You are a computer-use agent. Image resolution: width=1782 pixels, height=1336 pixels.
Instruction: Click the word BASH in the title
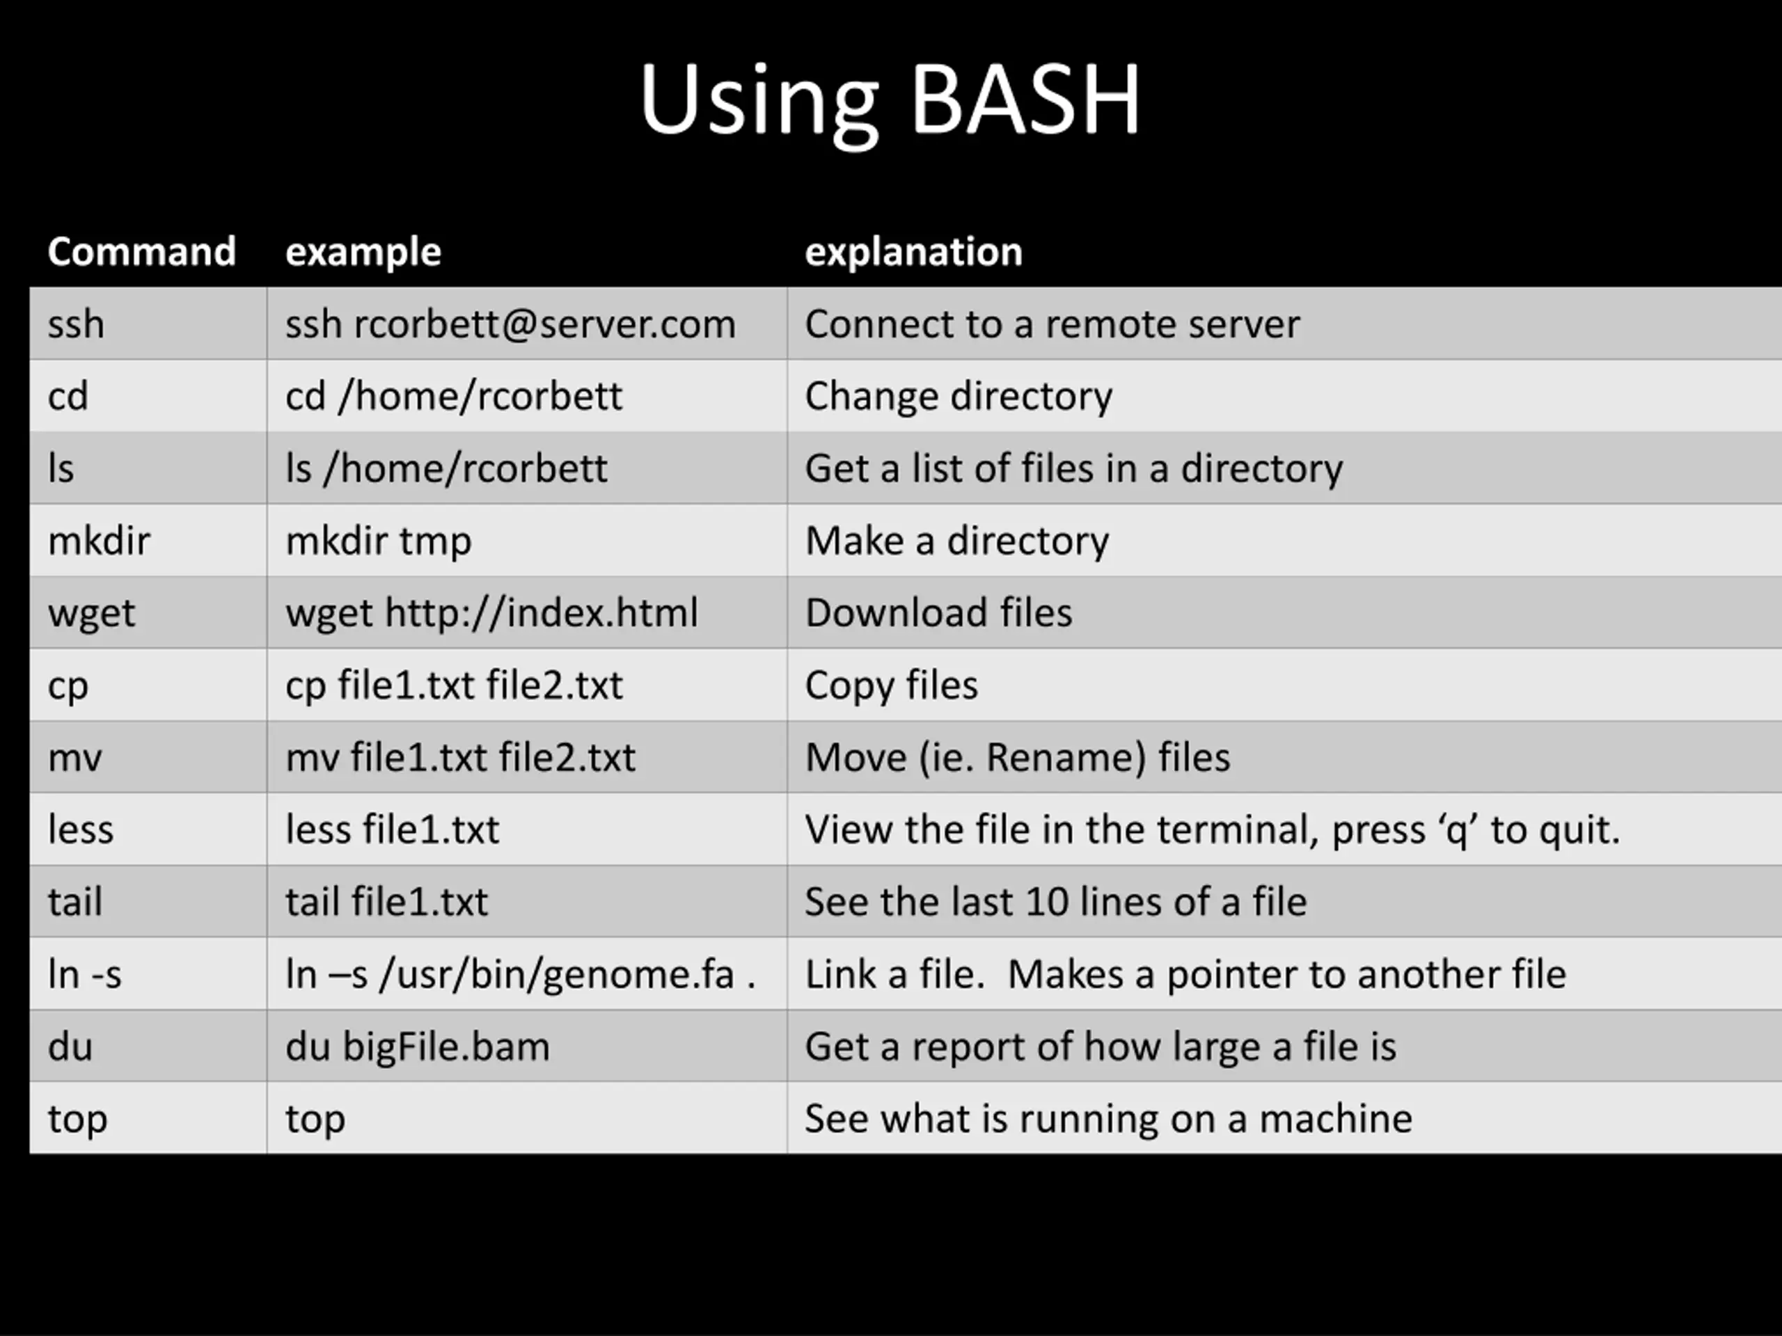click(x=1025, y=100)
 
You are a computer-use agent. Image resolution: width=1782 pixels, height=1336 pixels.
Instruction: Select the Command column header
click(x=141, y=251)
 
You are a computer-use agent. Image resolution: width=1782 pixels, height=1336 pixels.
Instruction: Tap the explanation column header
click(x=913, y=251)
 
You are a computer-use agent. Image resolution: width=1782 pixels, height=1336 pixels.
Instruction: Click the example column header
click(x=363, y=251)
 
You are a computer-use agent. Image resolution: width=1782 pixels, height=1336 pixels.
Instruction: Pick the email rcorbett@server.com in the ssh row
click(x=544, y=324)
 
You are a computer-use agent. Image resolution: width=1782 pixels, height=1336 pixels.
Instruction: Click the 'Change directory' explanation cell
click(x=958, y=396)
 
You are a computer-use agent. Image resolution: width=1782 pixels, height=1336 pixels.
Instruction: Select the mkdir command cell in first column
click(x=99, y=541)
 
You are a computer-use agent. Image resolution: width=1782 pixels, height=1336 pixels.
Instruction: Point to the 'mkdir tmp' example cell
click(x=378, y=541)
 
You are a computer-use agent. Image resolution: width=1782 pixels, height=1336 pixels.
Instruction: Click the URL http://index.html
click(x=542, y=613)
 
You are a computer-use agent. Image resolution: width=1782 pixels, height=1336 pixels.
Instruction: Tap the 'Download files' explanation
click(x=938, y=613)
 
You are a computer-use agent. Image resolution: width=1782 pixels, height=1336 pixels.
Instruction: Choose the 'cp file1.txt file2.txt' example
click(x=454, y=685)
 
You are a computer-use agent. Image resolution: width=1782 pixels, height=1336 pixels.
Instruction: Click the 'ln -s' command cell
click(x=85, y=974)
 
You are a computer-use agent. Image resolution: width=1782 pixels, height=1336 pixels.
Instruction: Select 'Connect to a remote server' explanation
click(x=1052, y=324)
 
